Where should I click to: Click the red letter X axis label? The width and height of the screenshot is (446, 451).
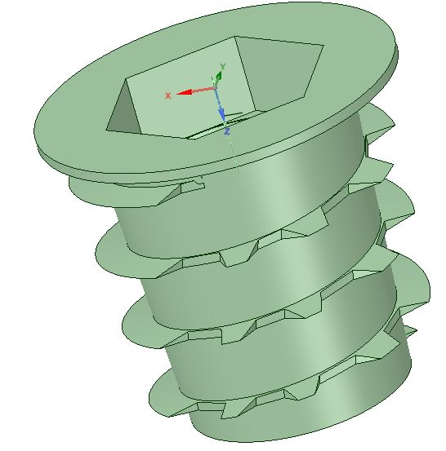pyautogui.click(x=168, y=95)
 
